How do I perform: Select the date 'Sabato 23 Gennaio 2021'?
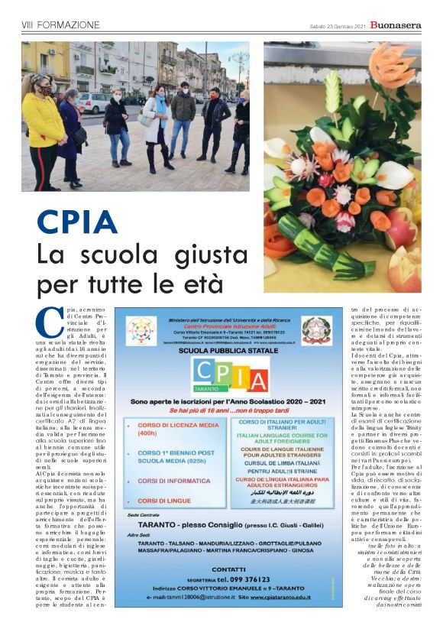pyautogui.click(x=335, y=26)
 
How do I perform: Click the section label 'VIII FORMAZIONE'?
pyautogui.click(x=60, y=25)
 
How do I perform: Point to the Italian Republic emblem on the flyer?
pyautogui.click(x=312, y=332)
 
